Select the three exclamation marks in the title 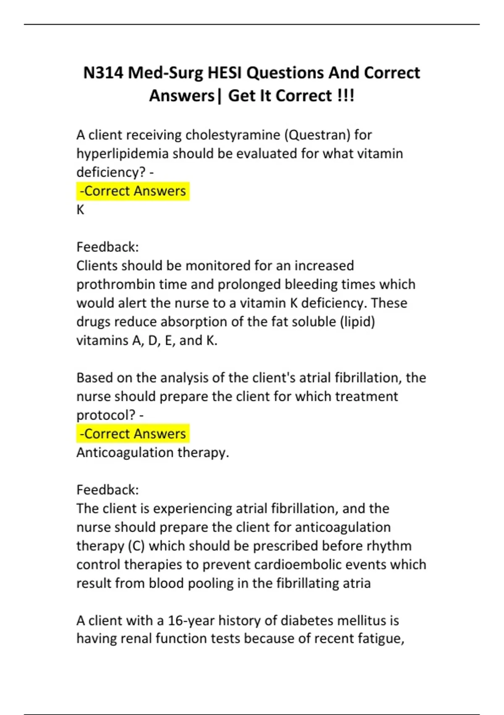346,95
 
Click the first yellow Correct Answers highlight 133,191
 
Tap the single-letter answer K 80,210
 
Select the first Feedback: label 108,247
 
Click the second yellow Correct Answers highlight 133,434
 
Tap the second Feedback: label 108,490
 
